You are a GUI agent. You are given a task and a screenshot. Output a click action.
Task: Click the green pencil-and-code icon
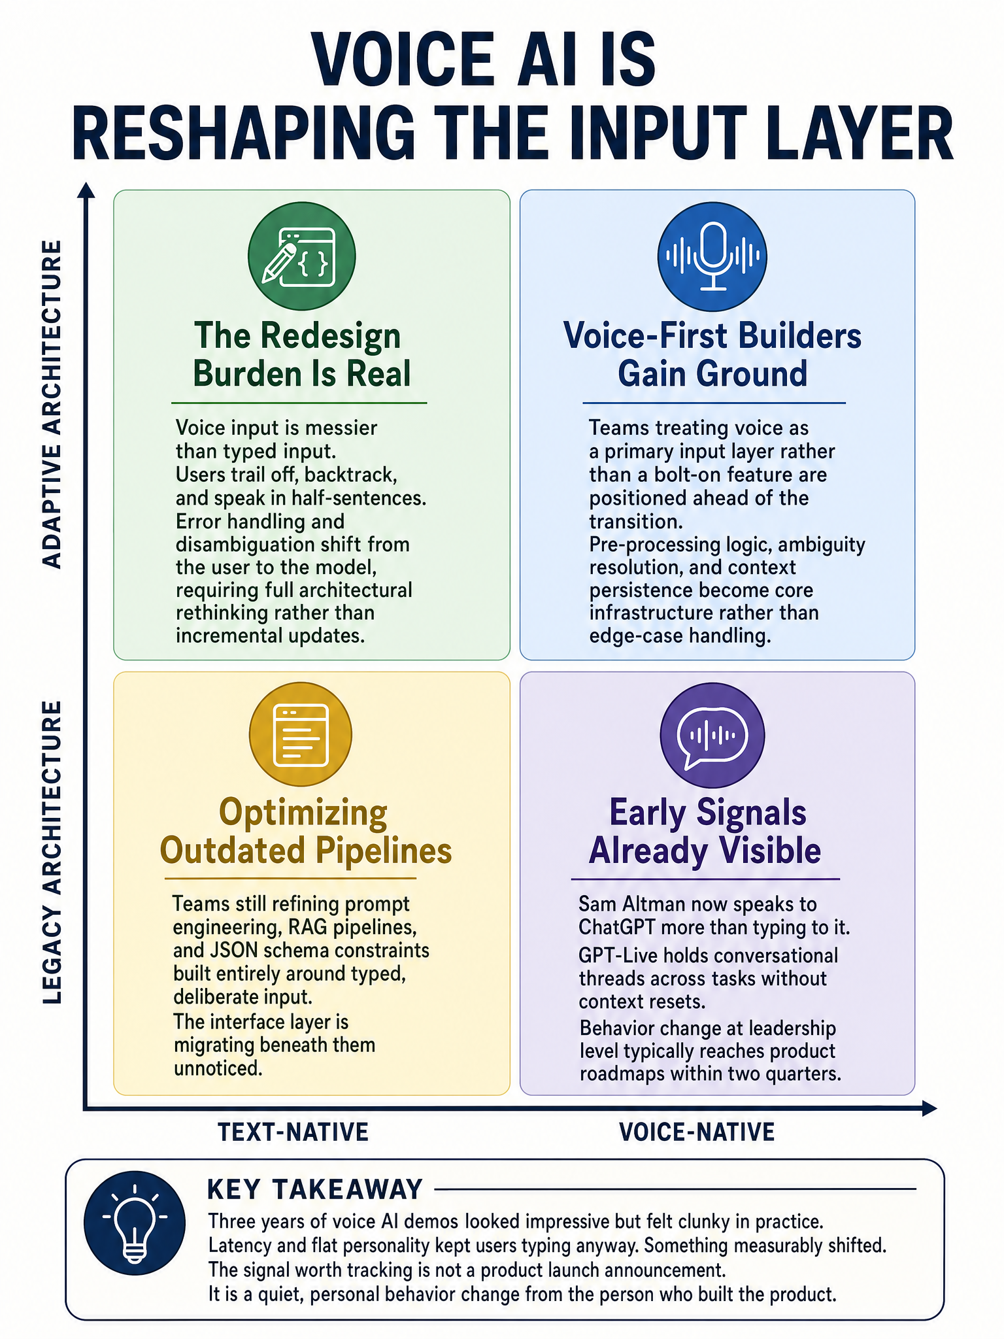301,255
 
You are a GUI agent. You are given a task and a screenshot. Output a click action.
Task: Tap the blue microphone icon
712,256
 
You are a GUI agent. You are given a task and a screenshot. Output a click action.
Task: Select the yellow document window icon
301,736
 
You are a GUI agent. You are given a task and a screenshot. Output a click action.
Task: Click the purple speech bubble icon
712,736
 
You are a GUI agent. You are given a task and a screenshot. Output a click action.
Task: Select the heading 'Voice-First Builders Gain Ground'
712,355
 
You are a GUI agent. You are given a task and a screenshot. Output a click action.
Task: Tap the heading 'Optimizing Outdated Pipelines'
305,832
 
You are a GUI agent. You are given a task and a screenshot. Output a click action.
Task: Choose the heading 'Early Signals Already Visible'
706,832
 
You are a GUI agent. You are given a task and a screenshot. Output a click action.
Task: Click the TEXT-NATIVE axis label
293,1132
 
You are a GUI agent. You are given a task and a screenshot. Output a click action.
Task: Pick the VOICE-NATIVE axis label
697,1132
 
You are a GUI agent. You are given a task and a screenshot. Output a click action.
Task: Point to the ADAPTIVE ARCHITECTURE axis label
52,405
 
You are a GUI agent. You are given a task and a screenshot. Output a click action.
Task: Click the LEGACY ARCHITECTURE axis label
52,853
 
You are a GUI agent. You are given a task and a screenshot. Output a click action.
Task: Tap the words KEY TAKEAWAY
315,1189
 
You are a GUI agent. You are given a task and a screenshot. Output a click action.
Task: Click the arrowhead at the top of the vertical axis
86,190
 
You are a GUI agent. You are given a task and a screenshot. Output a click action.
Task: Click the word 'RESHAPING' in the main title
243,132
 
